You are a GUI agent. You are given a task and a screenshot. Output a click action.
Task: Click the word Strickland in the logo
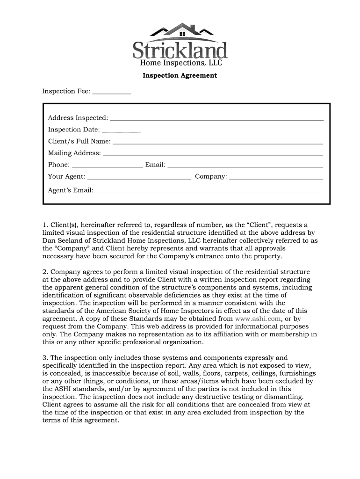180,50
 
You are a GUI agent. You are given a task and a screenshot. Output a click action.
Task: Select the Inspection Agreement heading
180,75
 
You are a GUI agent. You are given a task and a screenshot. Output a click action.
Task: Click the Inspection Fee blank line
112,94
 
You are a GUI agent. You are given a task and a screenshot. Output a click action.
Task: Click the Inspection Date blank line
121,131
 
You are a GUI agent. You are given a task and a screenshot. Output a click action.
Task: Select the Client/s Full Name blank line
218,143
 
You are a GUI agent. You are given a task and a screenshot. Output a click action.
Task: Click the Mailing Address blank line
213,155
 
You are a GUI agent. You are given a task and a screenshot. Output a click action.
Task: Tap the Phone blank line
107,167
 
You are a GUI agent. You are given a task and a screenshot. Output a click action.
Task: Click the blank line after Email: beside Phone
245,167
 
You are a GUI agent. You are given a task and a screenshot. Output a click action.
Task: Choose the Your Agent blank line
139,179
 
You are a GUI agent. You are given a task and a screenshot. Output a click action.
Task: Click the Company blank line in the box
276,179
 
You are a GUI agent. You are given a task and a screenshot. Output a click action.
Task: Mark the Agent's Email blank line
209,192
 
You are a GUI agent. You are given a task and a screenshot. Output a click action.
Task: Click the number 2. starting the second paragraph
45,272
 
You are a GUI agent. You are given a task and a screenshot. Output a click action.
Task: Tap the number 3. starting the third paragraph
45,357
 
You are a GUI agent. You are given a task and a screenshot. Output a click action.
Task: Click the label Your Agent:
66,176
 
